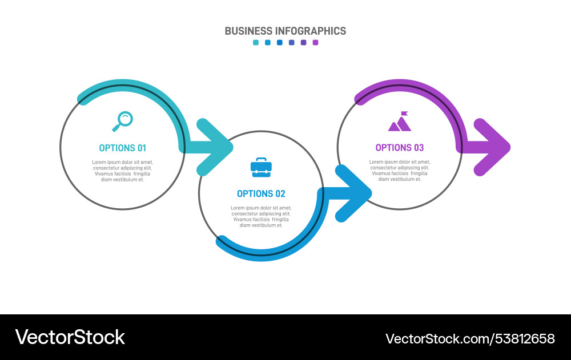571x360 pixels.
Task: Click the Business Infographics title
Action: [285, 31]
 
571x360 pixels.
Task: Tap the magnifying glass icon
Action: [122, 120]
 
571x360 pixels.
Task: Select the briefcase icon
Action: [261, 167]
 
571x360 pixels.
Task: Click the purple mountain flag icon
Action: [400, 122]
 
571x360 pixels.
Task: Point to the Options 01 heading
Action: [122, 148]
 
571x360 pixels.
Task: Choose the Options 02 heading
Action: [261, 193]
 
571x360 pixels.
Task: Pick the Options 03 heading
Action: [400, 148]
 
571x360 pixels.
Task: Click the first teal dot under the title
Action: [256, 42]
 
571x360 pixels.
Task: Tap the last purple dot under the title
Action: [315, 42]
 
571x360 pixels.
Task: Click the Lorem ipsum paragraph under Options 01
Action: [122, 171]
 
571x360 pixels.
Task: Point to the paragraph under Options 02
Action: [261, 216]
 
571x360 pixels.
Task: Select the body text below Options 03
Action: [400, 171]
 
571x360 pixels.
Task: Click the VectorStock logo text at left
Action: [70, 337]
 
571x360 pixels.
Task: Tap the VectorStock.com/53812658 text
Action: [470, 338]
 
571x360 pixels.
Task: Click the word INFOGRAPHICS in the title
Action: [311, 31]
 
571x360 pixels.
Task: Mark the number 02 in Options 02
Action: [279, 193]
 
